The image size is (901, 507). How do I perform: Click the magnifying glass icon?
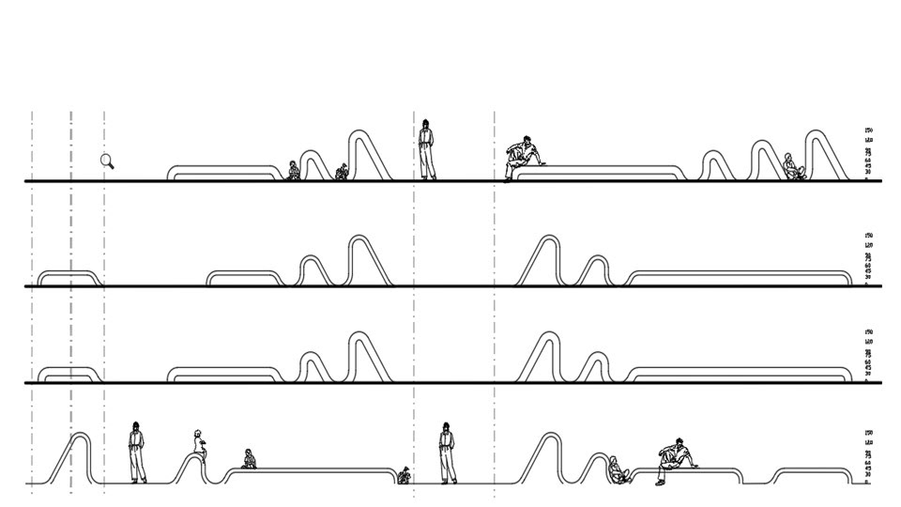coord(107,161)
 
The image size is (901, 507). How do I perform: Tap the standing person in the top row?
coord(426,150)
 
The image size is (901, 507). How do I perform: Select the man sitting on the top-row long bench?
coord(522,157)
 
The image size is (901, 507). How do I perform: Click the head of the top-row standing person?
coord(426,125)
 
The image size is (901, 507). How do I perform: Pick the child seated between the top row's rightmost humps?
coord(793,167)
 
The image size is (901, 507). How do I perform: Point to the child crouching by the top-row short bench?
coord(293,171)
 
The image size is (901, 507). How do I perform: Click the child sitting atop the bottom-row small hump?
coord(199,443)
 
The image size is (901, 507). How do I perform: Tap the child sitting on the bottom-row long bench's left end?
coord(249,459)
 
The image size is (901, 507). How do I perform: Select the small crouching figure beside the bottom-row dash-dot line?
coord(405,475)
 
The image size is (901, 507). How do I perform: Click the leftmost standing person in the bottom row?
coord(137,453)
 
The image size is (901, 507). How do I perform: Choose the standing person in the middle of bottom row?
coord(447,453)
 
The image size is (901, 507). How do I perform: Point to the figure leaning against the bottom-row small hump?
coord(618,469)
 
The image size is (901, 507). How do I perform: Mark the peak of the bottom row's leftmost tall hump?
coord(81,435)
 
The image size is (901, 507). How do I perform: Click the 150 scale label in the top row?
coord(869,131)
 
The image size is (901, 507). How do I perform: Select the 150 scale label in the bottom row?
coord(869,434)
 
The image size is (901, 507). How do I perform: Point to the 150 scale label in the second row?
coord(869,236)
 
